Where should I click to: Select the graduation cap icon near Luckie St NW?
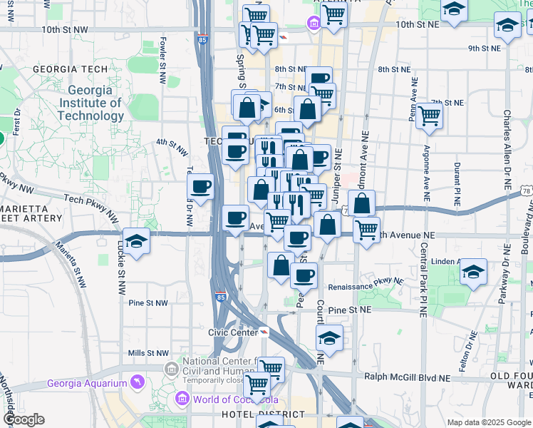point(136,241)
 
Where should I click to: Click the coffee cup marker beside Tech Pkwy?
point(200,187)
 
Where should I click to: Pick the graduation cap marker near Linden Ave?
point(473,272)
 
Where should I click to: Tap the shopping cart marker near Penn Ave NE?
point(429,115)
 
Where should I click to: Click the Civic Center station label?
point(232,332)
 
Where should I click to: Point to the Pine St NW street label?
point(148,302)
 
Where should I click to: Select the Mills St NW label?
point(148,353)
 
